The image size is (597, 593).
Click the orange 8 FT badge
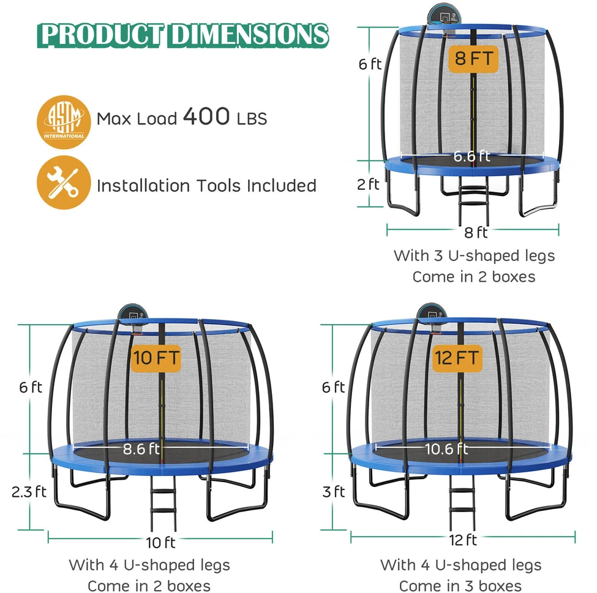(473, 59)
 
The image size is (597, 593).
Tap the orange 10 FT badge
(156, 358)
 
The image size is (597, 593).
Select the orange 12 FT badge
(457, 358)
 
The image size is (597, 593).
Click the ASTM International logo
(64, 122)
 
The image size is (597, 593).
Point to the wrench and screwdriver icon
(64, 183)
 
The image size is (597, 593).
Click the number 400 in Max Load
(206, 116)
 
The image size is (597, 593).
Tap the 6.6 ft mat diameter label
(471, 156)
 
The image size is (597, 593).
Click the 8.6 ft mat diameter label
(141, 448)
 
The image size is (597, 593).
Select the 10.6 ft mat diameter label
(446, 448)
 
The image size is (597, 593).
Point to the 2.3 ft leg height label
(29, 492)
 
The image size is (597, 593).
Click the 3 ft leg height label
(334, 492)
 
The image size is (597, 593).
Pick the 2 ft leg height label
(368, 184)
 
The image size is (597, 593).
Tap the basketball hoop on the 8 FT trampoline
(445, 16)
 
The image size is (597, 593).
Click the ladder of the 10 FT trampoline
(163, 503)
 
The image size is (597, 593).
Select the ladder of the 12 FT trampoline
(462, 502)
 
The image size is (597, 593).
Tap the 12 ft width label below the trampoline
(463, 540)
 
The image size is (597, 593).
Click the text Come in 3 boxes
(460, 586)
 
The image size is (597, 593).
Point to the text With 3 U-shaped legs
(474, 256)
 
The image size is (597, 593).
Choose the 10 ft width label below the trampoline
(160, 542)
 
